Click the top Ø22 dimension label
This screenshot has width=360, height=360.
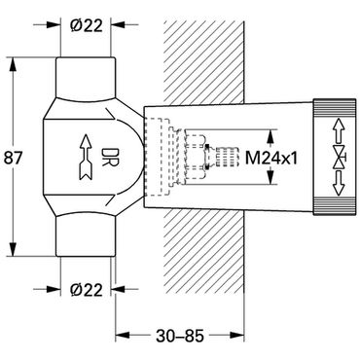tap(87, 25)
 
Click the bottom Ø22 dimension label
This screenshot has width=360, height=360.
tap(87, 289)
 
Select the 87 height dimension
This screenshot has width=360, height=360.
tap(13, 158)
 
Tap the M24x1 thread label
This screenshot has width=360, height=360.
tap(270, 158)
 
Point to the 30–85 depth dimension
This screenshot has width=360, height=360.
tap(180, 336)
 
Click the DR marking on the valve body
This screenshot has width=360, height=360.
tap(107, 158)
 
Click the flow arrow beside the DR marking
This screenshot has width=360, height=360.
tap(86, 158)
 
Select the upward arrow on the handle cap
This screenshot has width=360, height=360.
tap(339, 130)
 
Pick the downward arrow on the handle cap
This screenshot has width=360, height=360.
tap(339, 184)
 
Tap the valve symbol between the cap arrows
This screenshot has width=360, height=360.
tap(340, 157)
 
